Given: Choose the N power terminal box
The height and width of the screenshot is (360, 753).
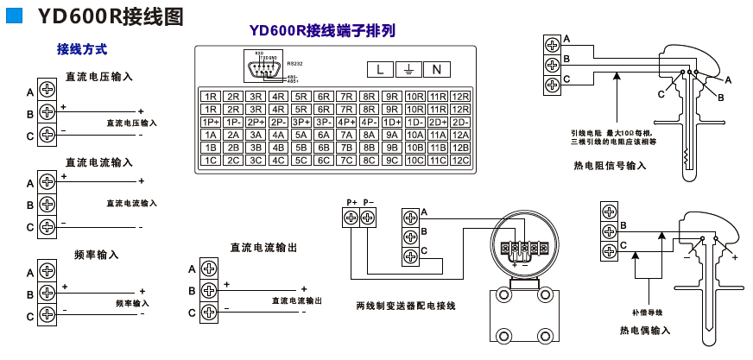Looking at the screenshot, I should pyautogui.click(x=437, y=69).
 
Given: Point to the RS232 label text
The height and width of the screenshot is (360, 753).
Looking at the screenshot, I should pyautogui.click(x=295, y=62).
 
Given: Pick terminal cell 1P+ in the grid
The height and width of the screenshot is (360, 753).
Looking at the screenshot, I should pyautogui.click(x=210, y=122).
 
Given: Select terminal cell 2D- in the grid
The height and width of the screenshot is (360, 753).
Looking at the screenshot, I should pyautogui.click(x=460, y=122).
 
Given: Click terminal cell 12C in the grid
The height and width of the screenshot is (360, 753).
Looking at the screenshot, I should pyautogui.click(x=460, y=160).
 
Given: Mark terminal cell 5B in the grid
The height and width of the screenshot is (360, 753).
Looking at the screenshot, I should pyautogui.click(x=301, y=148).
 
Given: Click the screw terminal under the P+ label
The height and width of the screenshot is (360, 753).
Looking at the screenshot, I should pyautogui.click(x=351, y=218).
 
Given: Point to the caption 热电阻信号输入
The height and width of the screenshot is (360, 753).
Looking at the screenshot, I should pyautogui.click(x=609, y=165).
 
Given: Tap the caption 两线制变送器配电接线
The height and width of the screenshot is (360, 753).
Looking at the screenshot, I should pyautogui.click(x=405, y=306).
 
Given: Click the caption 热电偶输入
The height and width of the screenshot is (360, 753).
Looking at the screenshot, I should pyautogui.click(x=645, y=330).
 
